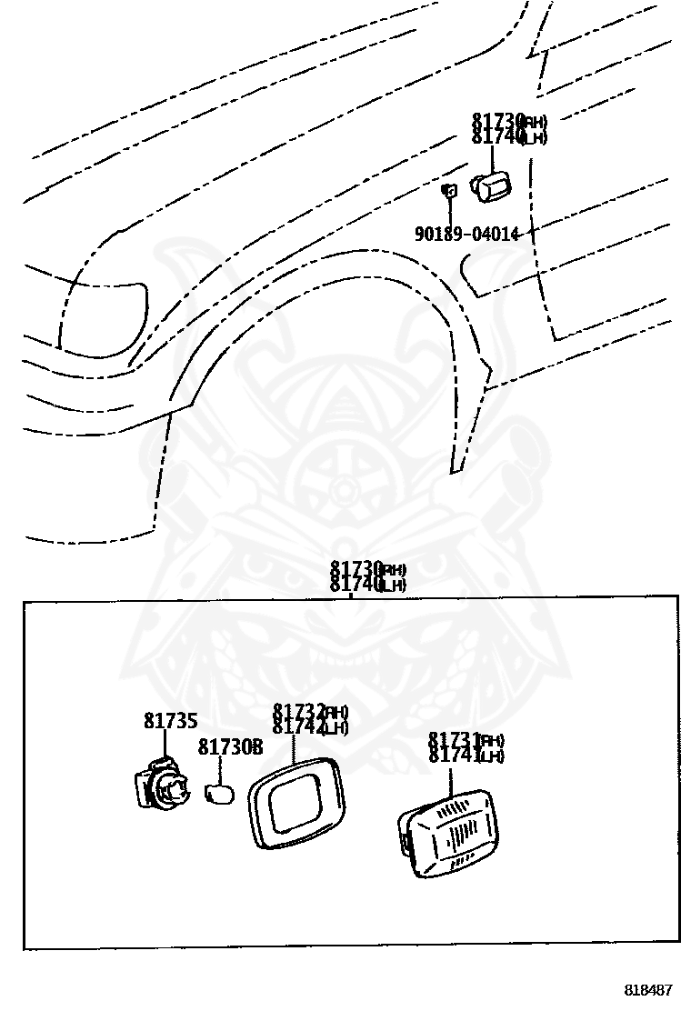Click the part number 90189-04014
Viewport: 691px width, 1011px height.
coord(466,234)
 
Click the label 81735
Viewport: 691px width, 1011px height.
coord(170,721)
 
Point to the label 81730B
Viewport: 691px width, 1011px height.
coord(230,747)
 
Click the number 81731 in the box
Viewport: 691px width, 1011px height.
coord(454,740)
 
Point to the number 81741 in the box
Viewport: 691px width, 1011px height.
coord(454,755)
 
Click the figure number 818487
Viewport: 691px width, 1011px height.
coord(647,989)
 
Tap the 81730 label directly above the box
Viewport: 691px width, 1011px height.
coord(356,570)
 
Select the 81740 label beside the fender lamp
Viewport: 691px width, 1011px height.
coord(497,136)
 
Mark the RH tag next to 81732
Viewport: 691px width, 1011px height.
coord(336,712)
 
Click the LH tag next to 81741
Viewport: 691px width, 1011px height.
coord(491,756)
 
